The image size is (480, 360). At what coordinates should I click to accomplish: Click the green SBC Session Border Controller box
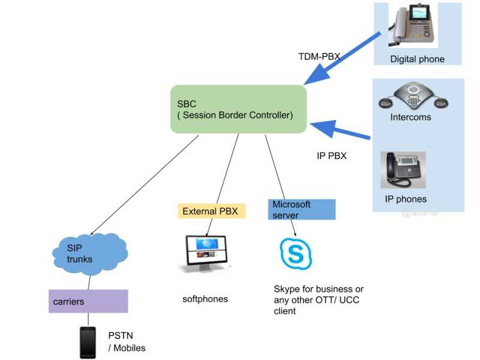coord(238,109)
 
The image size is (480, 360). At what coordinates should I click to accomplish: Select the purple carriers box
coord(88,301)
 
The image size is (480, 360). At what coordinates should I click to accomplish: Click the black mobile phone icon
coord(88,343)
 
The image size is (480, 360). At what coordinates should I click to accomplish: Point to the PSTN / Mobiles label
coord(127,342)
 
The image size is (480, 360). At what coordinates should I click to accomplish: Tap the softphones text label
coord(205,299)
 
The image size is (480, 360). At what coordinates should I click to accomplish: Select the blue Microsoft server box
coord(301,209)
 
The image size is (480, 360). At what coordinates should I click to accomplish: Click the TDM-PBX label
coord(319,57)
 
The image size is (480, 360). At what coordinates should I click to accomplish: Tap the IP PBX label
coord(332,156)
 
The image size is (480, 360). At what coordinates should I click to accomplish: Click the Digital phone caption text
coord(417,59)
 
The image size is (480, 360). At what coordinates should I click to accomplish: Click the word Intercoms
coord(410,117)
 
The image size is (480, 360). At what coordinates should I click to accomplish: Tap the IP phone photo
coord(403,170)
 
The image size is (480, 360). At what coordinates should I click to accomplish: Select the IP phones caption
coord(406,199)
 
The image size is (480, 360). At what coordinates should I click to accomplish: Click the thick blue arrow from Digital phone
coord(342,59)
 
